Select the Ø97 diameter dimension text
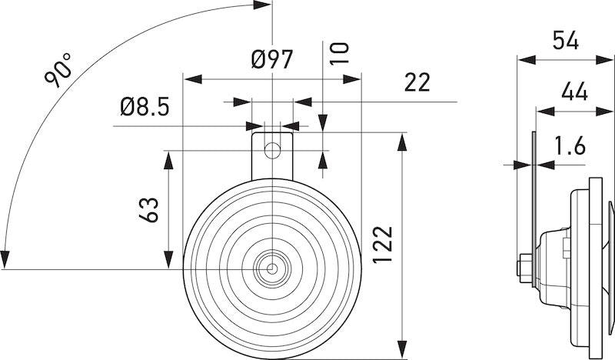pos(272,58)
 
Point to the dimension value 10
pos(340,52)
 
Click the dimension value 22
pos(417,82)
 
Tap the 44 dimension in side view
pos(574,92)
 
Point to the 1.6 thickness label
pos(569,145)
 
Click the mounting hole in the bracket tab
pos(272,148)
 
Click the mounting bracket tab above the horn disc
pos(272,150)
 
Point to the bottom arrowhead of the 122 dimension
pos(401,352)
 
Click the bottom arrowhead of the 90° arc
pos(6,260)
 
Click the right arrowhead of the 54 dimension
pos(607,59)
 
